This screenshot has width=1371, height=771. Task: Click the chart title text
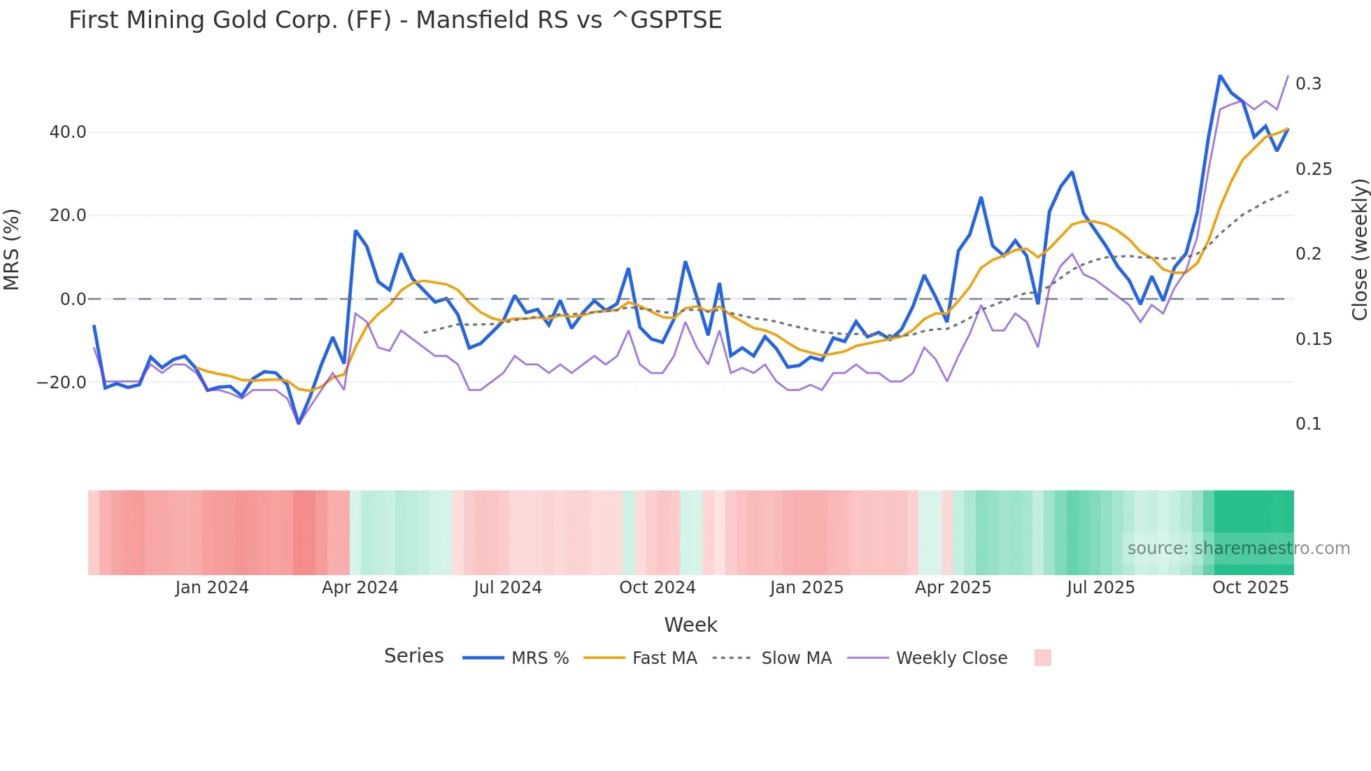[x=395, y=20]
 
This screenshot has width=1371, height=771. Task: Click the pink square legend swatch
[x=1042, y=658]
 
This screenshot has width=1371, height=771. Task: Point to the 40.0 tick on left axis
[x=68, y=132]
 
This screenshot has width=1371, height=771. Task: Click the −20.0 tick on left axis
[x=62, y=383]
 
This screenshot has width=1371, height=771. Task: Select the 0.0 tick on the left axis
[x=73, y=299]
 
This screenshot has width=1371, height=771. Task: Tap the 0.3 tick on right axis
[x=1308, y=84]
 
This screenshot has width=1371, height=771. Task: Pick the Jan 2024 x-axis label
[x=212, y=588]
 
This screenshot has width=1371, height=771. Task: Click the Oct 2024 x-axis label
[x=658, y=588]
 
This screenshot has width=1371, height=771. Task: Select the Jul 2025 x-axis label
[x=1100, y=588]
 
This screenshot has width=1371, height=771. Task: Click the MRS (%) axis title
[x=12, y=250]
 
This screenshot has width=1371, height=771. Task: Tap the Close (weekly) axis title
[x=1359, y=250]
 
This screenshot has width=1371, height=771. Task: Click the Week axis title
[x=690, y=625]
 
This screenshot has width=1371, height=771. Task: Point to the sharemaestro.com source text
[x=1238, y=549]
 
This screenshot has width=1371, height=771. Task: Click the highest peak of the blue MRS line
[x=1220, y=76]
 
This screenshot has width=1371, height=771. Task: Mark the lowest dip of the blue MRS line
[x=299, y=423]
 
